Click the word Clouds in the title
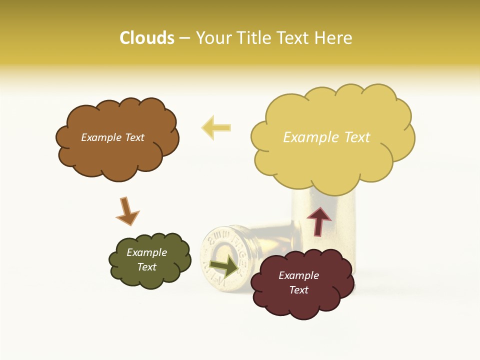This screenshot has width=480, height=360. (147, 37)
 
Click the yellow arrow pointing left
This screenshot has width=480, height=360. (216, 127)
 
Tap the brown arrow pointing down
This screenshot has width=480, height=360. (127, 211)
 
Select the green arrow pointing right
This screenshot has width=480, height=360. (224, 267)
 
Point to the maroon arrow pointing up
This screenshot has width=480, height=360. (319, 220)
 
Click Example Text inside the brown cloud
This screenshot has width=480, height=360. (112, 137)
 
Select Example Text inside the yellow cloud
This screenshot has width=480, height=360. (326, 137)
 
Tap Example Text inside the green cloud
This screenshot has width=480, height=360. (146, 259)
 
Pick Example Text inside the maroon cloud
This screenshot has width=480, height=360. (298, 282)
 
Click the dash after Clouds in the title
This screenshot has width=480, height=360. (184, 38)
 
